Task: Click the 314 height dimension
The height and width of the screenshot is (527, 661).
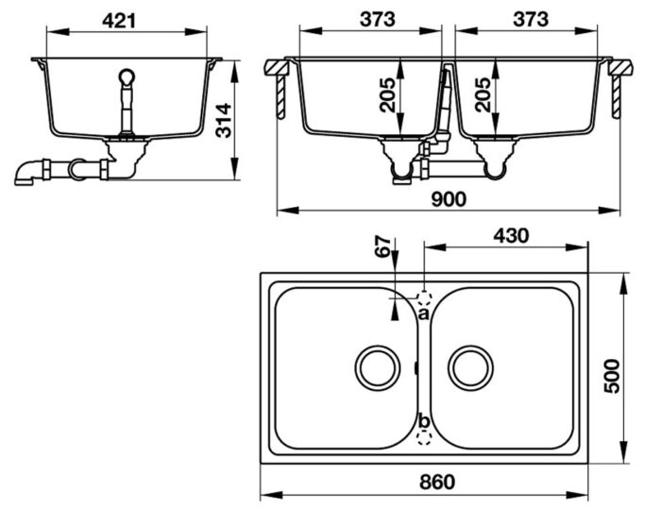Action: pos(223,120)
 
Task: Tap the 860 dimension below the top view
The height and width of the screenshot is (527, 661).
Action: pos(435,482)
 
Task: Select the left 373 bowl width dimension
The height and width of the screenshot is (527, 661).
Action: pos(369,18)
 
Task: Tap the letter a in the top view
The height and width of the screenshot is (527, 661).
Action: pos(423,313)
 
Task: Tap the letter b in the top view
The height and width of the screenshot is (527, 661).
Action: pos(423,421)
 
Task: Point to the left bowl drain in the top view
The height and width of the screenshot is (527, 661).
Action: pos(376,365)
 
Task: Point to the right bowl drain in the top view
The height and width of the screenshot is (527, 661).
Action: pos(469,365)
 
